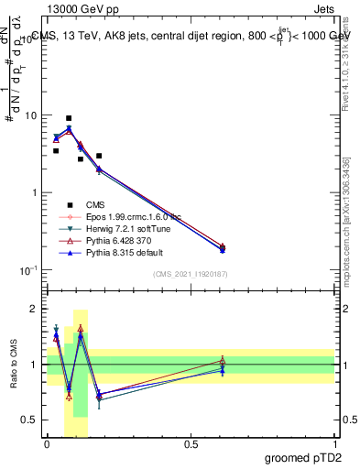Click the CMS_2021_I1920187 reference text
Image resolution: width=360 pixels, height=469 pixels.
tap(191, 276)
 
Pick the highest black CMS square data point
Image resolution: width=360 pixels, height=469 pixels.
tap(69, 118)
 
